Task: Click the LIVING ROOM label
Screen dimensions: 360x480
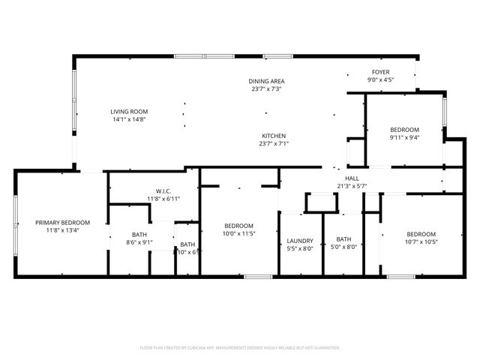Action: coord(128,111)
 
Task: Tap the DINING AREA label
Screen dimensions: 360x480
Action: coord(267,81)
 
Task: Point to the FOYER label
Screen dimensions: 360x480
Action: coord(380,71)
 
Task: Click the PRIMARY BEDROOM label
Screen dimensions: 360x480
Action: coord(63,223)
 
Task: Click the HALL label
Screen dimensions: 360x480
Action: coord(352,178)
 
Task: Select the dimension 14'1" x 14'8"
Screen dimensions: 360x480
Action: coord(128,119)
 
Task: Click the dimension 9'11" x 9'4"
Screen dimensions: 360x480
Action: coord(403,137)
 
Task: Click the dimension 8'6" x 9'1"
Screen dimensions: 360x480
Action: coord(139,242)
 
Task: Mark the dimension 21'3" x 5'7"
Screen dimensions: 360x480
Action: coord(352,186)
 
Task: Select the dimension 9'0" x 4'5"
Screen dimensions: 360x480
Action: coord(380,79)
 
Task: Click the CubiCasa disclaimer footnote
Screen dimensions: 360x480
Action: coord(240,348)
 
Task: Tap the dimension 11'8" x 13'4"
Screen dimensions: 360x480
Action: coord(63,231)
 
